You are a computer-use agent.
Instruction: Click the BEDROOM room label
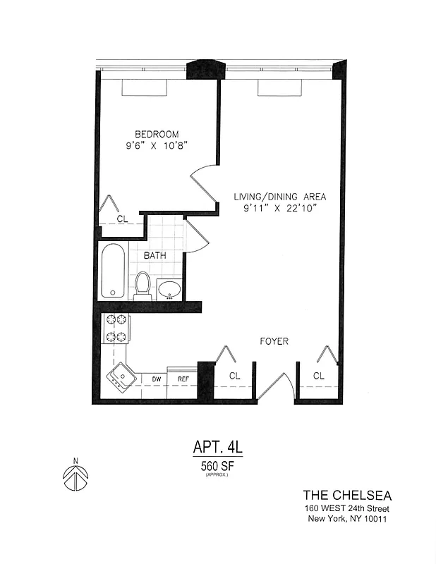pos(157,134)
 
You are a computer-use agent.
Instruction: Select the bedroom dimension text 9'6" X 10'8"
pos(157,147)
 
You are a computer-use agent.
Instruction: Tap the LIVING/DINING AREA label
pos(280,197)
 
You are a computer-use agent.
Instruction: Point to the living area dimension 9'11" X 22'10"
pos(280,209)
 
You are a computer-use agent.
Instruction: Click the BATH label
pos(155,255)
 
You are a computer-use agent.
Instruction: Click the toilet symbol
pos(143,285)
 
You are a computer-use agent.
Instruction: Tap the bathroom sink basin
pos(169,288)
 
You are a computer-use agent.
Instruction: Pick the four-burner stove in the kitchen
pos(116,329)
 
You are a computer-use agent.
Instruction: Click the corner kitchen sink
pos(120,376)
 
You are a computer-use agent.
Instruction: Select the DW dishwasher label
pos(157,379)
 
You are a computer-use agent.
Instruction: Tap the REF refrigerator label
pos(183,379)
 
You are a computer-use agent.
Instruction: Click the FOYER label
pos(274,341)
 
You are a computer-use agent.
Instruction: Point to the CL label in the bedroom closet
pos(122,219)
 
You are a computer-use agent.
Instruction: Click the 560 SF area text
pos(217,465)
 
